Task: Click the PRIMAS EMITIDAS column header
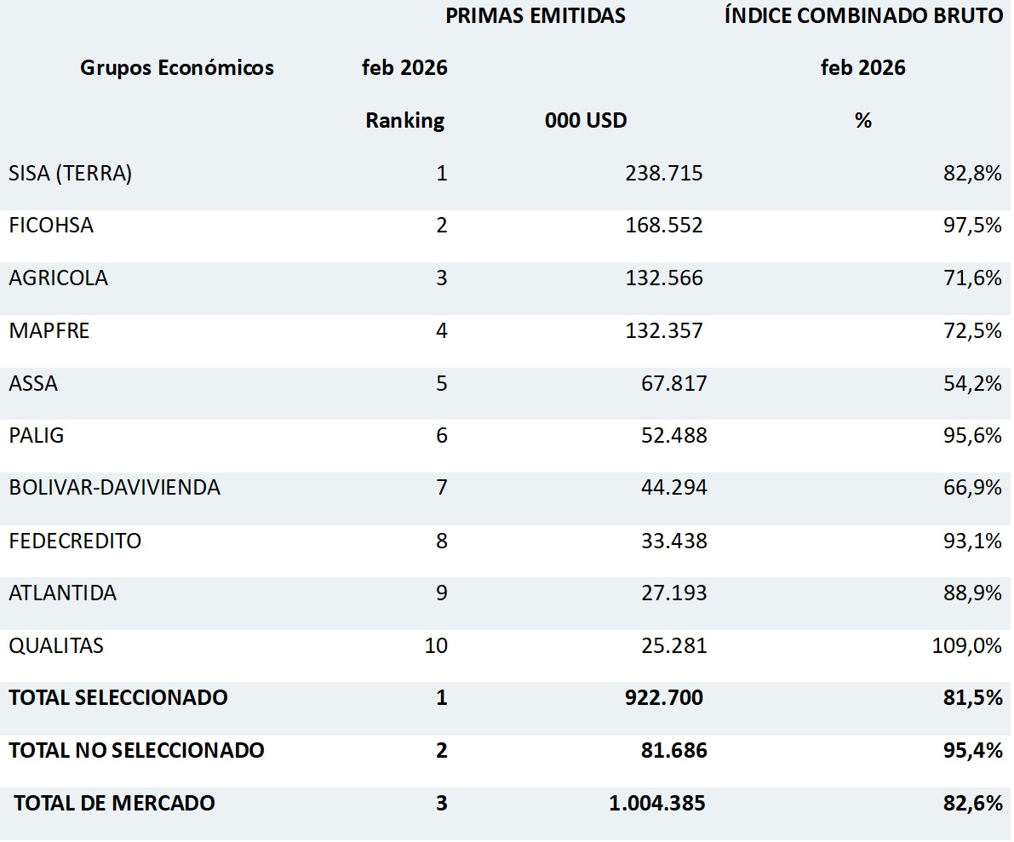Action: (536, 16)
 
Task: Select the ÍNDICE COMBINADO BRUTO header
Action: (863, 16)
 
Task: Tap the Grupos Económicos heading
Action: (177, 68)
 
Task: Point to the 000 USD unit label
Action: (586, 121)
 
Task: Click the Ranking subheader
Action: (405, 121)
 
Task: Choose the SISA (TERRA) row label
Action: (71, 174)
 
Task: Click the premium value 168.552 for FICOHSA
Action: (664, 226)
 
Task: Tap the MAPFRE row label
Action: (49, 331)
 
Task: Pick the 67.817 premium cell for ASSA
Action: (673, 383)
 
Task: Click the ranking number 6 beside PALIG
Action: (441, 436)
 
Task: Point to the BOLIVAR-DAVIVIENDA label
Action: (115, 488)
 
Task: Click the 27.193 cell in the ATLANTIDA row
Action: (673, 593)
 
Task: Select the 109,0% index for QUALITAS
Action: (967, 645)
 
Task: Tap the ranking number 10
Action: (436, 645)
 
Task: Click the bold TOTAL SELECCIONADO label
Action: (118, 698)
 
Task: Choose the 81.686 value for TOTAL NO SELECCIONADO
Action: (673, 750)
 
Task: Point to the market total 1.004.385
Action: (657, 803)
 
